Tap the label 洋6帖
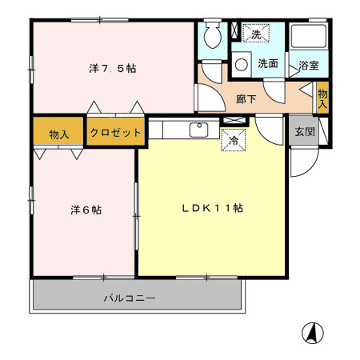point(84,210)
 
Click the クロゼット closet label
point(115,133)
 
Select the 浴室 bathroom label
point(308,65)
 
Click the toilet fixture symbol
point(213,35)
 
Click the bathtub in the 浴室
point(308,37)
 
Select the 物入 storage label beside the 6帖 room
point(58,134)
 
